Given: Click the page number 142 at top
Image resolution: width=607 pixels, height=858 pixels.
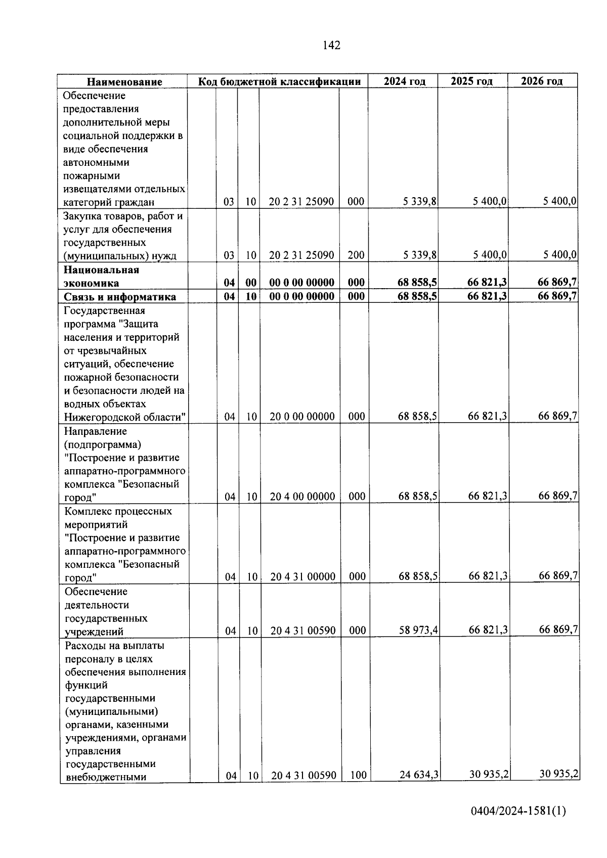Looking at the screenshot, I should pyautogui.click(x=331, y=46).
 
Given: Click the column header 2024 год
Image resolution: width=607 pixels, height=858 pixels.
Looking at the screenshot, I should pyautogui.click(x=404, y=81).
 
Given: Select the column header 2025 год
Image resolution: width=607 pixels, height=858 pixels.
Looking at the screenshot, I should pyautogui.click(x=472, y=81).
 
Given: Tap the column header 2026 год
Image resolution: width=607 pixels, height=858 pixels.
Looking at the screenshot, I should pyautogui.click(x=542, y=81).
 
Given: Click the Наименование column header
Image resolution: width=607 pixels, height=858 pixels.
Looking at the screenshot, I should pyautogui.click(x=124, y=82).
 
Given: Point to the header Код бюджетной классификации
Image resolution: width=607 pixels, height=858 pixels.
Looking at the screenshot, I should pyautogui.click(x=279, y=81).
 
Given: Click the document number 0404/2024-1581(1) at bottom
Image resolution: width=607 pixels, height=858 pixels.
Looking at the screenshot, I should pyautogui.click(x=518, y=811).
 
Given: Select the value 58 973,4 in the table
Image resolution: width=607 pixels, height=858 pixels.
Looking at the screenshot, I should pyautogui.click(x=418, y=630).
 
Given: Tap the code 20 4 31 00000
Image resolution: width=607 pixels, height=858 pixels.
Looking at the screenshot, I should pyautogui.click(x=302, y=576).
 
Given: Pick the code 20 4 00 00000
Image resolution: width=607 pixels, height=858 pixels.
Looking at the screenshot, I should pyautogui.click(x=302, y=496).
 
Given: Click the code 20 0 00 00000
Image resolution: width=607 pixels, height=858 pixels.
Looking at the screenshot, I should pyautogui.click(x=302, y=417).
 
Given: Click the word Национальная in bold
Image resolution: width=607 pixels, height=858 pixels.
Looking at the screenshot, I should pyautogui.click(x=101, y=270).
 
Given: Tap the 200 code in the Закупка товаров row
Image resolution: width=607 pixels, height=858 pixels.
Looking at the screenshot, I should pyautogui.click(x=356, y=255).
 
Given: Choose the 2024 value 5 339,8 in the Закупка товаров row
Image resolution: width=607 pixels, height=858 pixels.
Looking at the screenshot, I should pyautogui.click(x=419, y=255).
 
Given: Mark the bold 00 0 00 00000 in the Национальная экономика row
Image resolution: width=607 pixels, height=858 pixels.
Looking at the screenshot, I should pyautogui.click(x=301, y=282).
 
